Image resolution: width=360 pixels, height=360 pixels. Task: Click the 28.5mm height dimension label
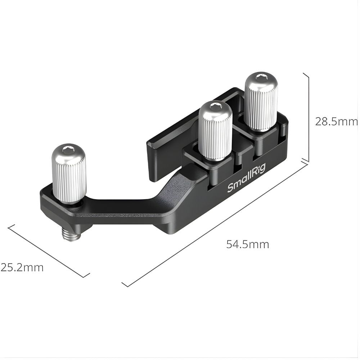pyautogui.click(x=337, y=122)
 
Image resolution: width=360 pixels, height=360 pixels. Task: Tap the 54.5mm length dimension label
pyautogui.click(x=248, y=244)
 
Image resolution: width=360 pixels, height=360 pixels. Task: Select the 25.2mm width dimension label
pyautogui.click(x=22, y=267)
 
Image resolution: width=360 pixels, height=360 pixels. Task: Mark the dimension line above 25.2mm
pyautogui.click(x=48, y=251)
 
